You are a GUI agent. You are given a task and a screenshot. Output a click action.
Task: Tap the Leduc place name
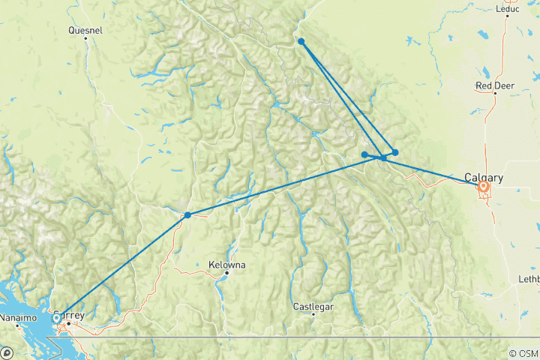508,9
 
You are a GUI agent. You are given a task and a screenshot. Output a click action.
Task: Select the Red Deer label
493,85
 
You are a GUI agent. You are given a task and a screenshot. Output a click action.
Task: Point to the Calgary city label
484,178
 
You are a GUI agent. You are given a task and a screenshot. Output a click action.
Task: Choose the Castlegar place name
313,306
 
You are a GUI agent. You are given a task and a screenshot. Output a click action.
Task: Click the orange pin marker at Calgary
484,186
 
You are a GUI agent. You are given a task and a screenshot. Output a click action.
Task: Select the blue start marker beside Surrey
56,318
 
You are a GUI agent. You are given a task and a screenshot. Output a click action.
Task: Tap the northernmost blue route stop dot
301,41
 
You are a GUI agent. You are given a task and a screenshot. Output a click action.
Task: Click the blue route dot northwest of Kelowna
187,215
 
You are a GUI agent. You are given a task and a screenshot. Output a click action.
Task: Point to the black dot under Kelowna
226,273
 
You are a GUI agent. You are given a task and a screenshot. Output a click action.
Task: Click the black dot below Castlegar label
313,313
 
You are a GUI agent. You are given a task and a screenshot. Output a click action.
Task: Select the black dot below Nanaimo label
19,325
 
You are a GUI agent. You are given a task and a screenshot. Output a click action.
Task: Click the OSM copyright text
523,353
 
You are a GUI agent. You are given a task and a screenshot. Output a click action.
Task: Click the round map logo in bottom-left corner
6,352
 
